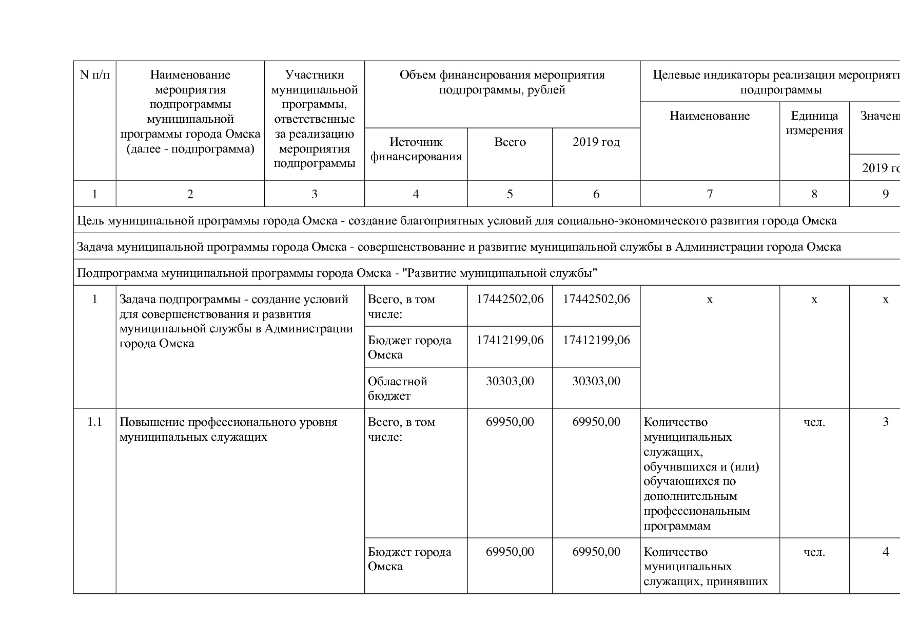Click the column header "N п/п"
coord(95,75)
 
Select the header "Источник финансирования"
coord(416,149)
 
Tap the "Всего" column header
coord(510,142)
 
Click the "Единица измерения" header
coord(814,123)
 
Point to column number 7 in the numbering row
coord(710,194)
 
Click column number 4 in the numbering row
coord(416,194)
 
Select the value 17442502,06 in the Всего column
coord(510,299)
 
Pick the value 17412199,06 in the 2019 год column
coord(596,340)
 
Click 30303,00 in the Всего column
coord(510,381)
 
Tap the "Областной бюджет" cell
coord(398,388)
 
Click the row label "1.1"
coord(95,422)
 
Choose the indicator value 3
coord(885,422)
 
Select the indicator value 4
coord(885,552)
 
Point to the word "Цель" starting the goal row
coord(90,221)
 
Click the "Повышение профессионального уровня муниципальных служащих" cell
coord(228,429)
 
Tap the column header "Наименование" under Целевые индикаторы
coord(710,116)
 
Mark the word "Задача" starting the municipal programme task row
coord(95,247)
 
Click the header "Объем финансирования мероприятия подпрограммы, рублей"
coord(502,82)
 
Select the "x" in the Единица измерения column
coord(814,299)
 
